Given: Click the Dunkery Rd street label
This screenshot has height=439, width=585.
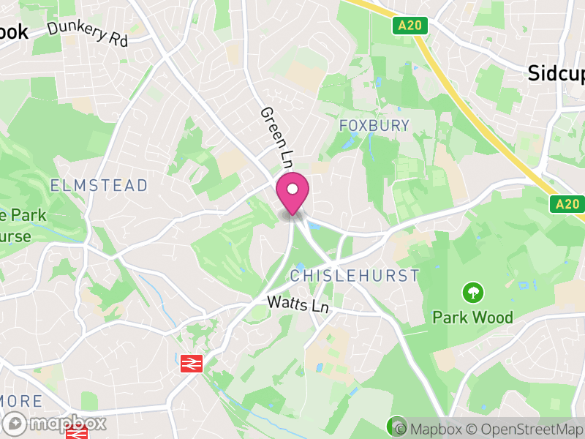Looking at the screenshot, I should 88,34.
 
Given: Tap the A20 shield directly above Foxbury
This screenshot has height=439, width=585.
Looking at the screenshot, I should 409,26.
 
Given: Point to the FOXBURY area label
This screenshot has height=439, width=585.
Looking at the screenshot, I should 374,126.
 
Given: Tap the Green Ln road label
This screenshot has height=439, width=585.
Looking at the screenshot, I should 276,135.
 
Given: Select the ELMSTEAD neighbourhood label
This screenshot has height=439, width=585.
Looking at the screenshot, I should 99,185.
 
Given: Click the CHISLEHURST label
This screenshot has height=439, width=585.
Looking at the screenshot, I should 355,276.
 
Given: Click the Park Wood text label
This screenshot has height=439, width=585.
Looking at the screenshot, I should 472,317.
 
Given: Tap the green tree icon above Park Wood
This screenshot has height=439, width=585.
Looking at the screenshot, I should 473,293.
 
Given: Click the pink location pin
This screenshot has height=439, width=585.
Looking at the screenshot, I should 292,192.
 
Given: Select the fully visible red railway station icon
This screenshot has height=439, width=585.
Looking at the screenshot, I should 192,363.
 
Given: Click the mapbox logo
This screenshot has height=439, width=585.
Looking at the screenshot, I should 56,423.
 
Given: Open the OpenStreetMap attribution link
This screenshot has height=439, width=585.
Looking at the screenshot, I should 526,429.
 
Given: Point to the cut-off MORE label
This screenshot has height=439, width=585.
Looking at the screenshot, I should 20,401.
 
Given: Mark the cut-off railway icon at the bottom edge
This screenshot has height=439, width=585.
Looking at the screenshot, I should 76,434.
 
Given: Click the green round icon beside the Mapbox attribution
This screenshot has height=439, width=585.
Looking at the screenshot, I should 396,425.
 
